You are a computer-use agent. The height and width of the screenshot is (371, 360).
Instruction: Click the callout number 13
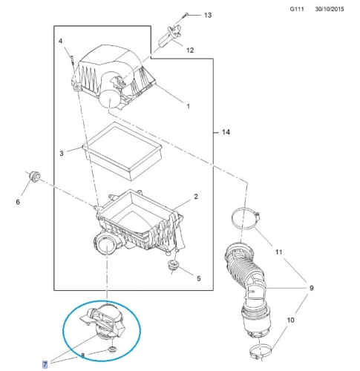tap(208, 16)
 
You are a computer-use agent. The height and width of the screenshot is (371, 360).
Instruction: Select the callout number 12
tap(190, 50)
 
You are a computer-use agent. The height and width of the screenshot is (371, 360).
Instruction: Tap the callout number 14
tap(226, 132)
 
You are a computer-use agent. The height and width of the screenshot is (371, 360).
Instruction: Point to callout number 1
tap(189, 106)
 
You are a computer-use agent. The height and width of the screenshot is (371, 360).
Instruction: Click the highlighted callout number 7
tap(45, 364)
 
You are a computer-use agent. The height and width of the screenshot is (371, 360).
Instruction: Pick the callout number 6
tap(18, 202)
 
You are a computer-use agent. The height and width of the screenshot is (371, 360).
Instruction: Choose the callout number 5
tap(199, 278)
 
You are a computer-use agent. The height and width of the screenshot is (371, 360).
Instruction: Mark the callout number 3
tap(62, 154)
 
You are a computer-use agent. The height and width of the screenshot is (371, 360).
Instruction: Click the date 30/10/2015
tap(330, 9)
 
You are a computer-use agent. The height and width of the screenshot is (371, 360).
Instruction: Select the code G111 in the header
tap(297, 9)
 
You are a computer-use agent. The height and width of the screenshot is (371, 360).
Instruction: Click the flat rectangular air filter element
tap(122, 151)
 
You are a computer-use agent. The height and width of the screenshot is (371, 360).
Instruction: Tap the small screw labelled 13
tap(185, 16)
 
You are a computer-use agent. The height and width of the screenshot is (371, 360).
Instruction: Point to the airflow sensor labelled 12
tap(169, 36)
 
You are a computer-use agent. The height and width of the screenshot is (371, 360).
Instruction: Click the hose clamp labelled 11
tap(246, 218)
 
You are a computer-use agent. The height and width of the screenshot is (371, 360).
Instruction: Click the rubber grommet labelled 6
tap(34, 177)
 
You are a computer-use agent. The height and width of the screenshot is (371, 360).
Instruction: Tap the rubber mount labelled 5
tap(173, 264)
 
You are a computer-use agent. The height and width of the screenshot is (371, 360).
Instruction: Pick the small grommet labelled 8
tap(113, 349)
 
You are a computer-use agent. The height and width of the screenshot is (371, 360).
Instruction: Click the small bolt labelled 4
tap(72, 60)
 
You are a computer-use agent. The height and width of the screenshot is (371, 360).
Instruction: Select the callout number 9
tap(311, 288)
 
